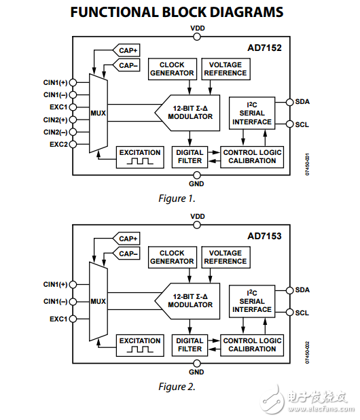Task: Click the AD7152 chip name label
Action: tap(264, 48)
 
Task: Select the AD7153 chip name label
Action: tap(264, 236)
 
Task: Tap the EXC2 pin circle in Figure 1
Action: tap(73, 144)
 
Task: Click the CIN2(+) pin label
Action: tap(56, 120)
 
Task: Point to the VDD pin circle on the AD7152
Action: tap(197, 37)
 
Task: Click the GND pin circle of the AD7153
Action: tap(197, 364)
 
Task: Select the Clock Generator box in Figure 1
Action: tap(173, 69)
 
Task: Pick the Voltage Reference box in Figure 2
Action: tap(226, 258)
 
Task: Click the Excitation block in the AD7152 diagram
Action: tap(140, 157)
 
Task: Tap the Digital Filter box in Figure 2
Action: tap(190, 345)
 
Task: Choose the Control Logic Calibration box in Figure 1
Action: tap(252, 157)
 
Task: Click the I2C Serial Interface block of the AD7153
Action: tap(252, 301)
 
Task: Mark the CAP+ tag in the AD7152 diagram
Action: tap(126, 50)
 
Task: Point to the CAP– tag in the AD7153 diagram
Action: tap(126, 253)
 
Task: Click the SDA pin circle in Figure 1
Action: tap(289, 102)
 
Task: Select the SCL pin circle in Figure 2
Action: tap(289, 313)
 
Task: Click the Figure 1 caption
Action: tap(177, 198)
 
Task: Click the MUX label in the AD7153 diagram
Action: tap(98, 301)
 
